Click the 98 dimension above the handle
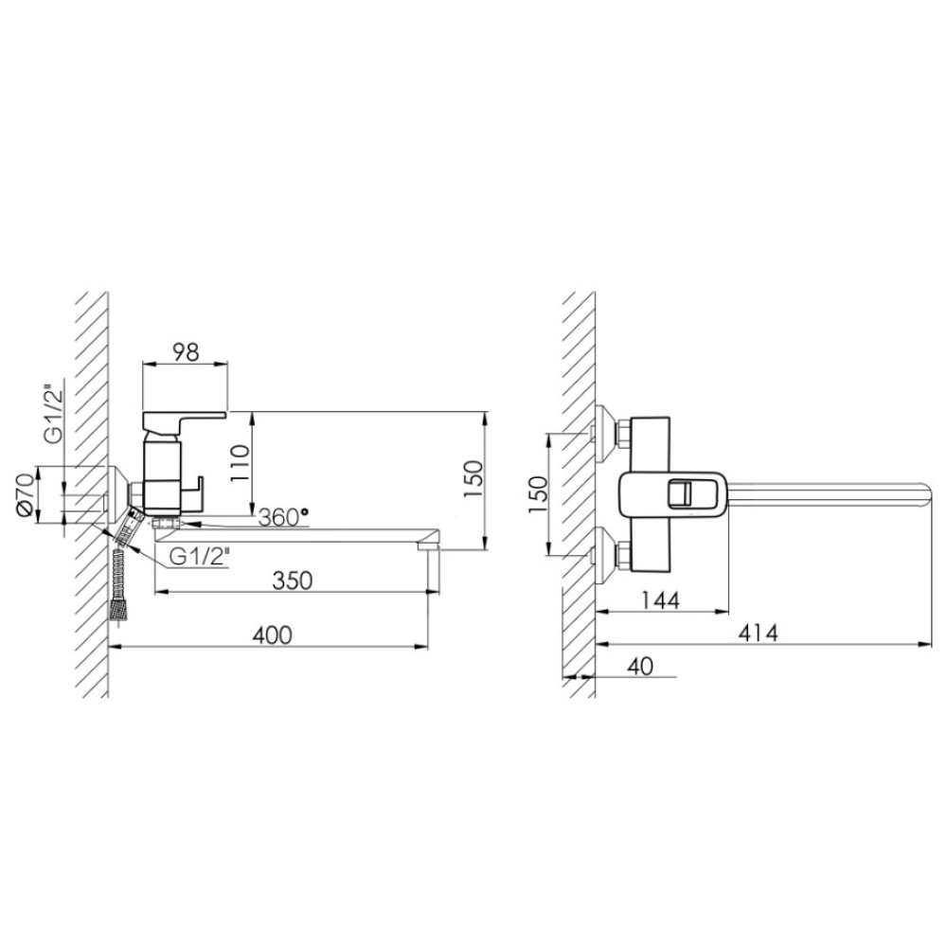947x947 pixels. pos(185,352)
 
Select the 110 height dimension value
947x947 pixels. pos(240,463)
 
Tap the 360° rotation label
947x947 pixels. pos(283,517)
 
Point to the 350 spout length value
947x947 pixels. pos(293,581)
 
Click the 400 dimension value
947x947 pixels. pos(272,634)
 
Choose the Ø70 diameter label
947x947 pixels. pos(26,494)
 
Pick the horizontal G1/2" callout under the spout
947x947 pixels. pos(199,557)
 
